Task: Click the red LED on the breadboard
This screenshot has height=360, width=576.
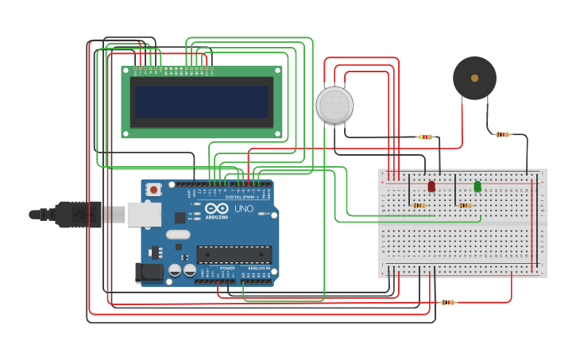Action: tap(431, 186)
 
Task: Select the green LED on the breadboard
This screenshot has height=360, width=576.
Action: tap(477, 186)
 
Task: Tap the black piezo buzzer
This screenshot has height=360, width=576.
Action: tap(474, 78)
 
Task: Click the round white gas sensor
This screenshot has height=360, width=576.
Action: tap(334, 105)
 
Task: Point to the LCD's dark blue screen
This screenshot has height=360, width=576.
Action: tap(202, 102)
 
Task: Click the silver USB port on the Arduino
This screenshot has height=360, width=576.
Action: tap(144, 215)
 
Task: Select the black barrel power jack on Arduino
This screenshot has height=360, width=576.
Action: tap(149, 273)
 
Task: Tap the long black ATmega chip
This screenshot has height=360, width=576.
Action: tap(234, 254)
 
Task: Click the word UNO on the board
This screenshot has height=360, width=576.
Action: tap(243, 208)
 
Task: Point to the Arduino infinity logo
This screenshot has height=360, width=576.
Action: tap(216, 208)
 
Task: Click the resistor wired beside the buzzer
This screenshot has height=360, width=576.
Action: tap(502, 134)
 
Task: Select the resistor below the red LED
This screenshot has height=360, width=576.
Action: tap(419, 205)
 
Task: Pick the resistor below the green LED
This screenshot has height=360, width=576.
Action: tap(465, 205)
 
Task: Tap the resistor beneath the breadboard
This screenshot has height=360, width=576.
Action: tap(448, 302)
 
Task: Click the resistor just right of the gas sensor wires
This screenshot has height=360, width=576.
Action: tap(426, 137)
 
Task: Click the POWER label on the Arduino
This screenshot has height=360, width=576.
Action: tap(227, 269)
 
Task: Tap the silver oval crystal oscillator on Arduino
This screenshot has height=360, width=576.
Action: tap(178, 234)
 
